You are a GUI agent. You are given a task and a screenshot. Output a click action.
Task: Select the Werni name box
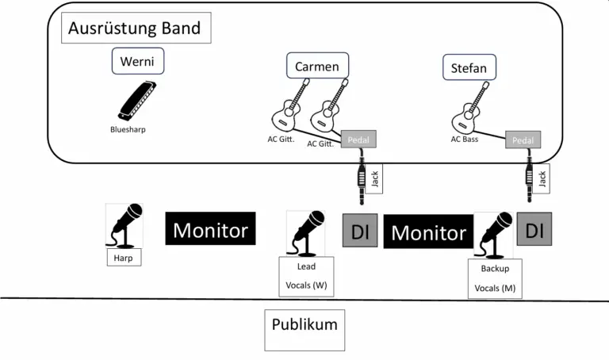pyautogui.click(x=136, y=61)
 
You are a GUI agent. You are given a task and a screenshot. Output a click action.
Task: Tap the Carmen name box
pyautogui.click(x=317, y=67)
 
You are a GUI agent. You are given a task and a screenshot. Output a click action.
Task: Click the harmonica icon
pyautogui.click(x=137, y=100)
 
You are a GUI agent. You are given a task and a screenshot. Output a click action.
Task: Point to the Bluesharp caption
pyautogui.click(x=128, y=129)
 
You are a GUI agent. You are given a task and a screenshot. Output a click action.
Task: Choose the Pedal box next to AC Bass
pyautogui.click(x=523, y=140)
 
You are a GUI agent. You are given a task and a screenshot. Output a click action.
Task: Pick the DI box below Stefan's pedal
pyautogui.click(x=534, y=230)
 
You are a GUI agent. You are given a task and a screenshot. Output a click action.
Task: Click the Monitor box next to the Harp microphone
pyautogui.click(x=210, y=230)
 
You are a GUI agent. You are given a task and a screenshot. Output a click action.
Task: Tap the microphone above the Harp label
pyautogui.click(x=125, y=225)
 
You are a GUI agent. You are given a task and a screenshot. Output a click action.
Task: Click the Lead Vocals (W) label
pyautogui.click(x=306, y=277)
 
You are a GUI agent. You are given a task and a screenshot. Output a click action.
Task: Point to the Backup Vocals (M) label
pyautogui.click(x=495, y=279)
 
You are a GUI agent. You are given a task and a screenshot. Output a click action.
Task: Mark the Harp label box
pyautogui.click(x=124, y=257)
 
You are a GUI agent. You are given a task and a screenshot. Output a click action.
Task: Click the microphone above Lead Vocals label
pyautogui.click(x=306, y=232)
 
